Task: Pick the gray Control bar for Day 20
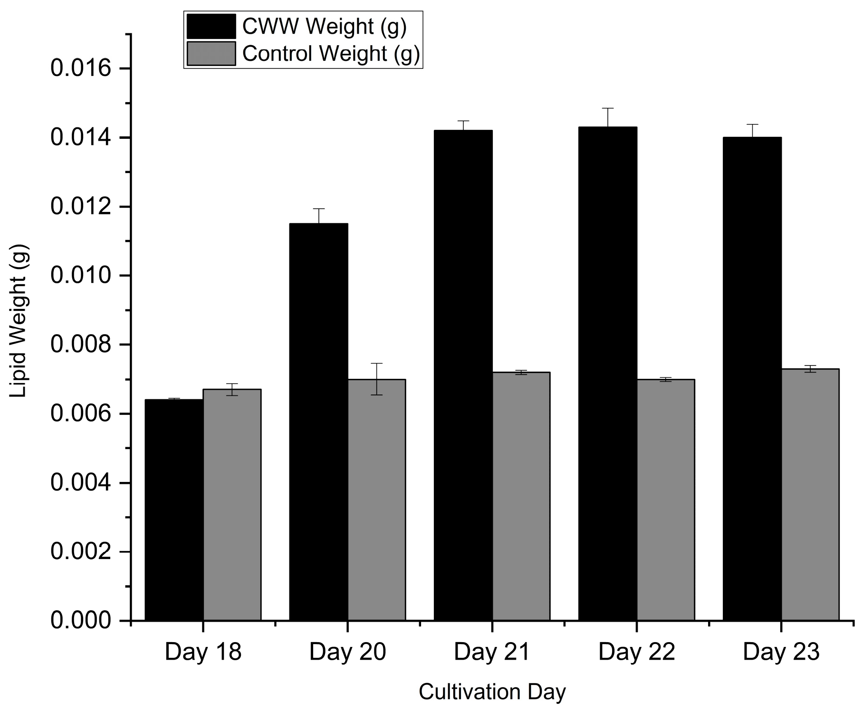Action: click(376, 500)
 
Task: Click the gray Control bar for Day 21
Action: click(521, 496)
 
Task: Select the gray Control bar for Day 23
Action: click(810, 494)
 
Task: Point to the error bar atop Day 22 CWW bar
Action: click(608, 117)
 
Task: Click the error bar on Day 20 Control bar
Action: click(377, 378)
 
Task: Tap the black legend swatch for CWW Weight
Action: click(211, 26)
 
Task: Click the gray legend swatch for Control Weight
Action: click(211, 54)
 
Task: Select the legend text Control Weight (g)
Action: click(331, 54)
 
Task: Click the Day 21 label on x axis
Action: click(492, 652)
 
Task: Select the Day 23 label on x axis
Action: click(781, 652)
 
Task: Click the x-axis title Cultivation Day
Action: click(492, 692)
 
